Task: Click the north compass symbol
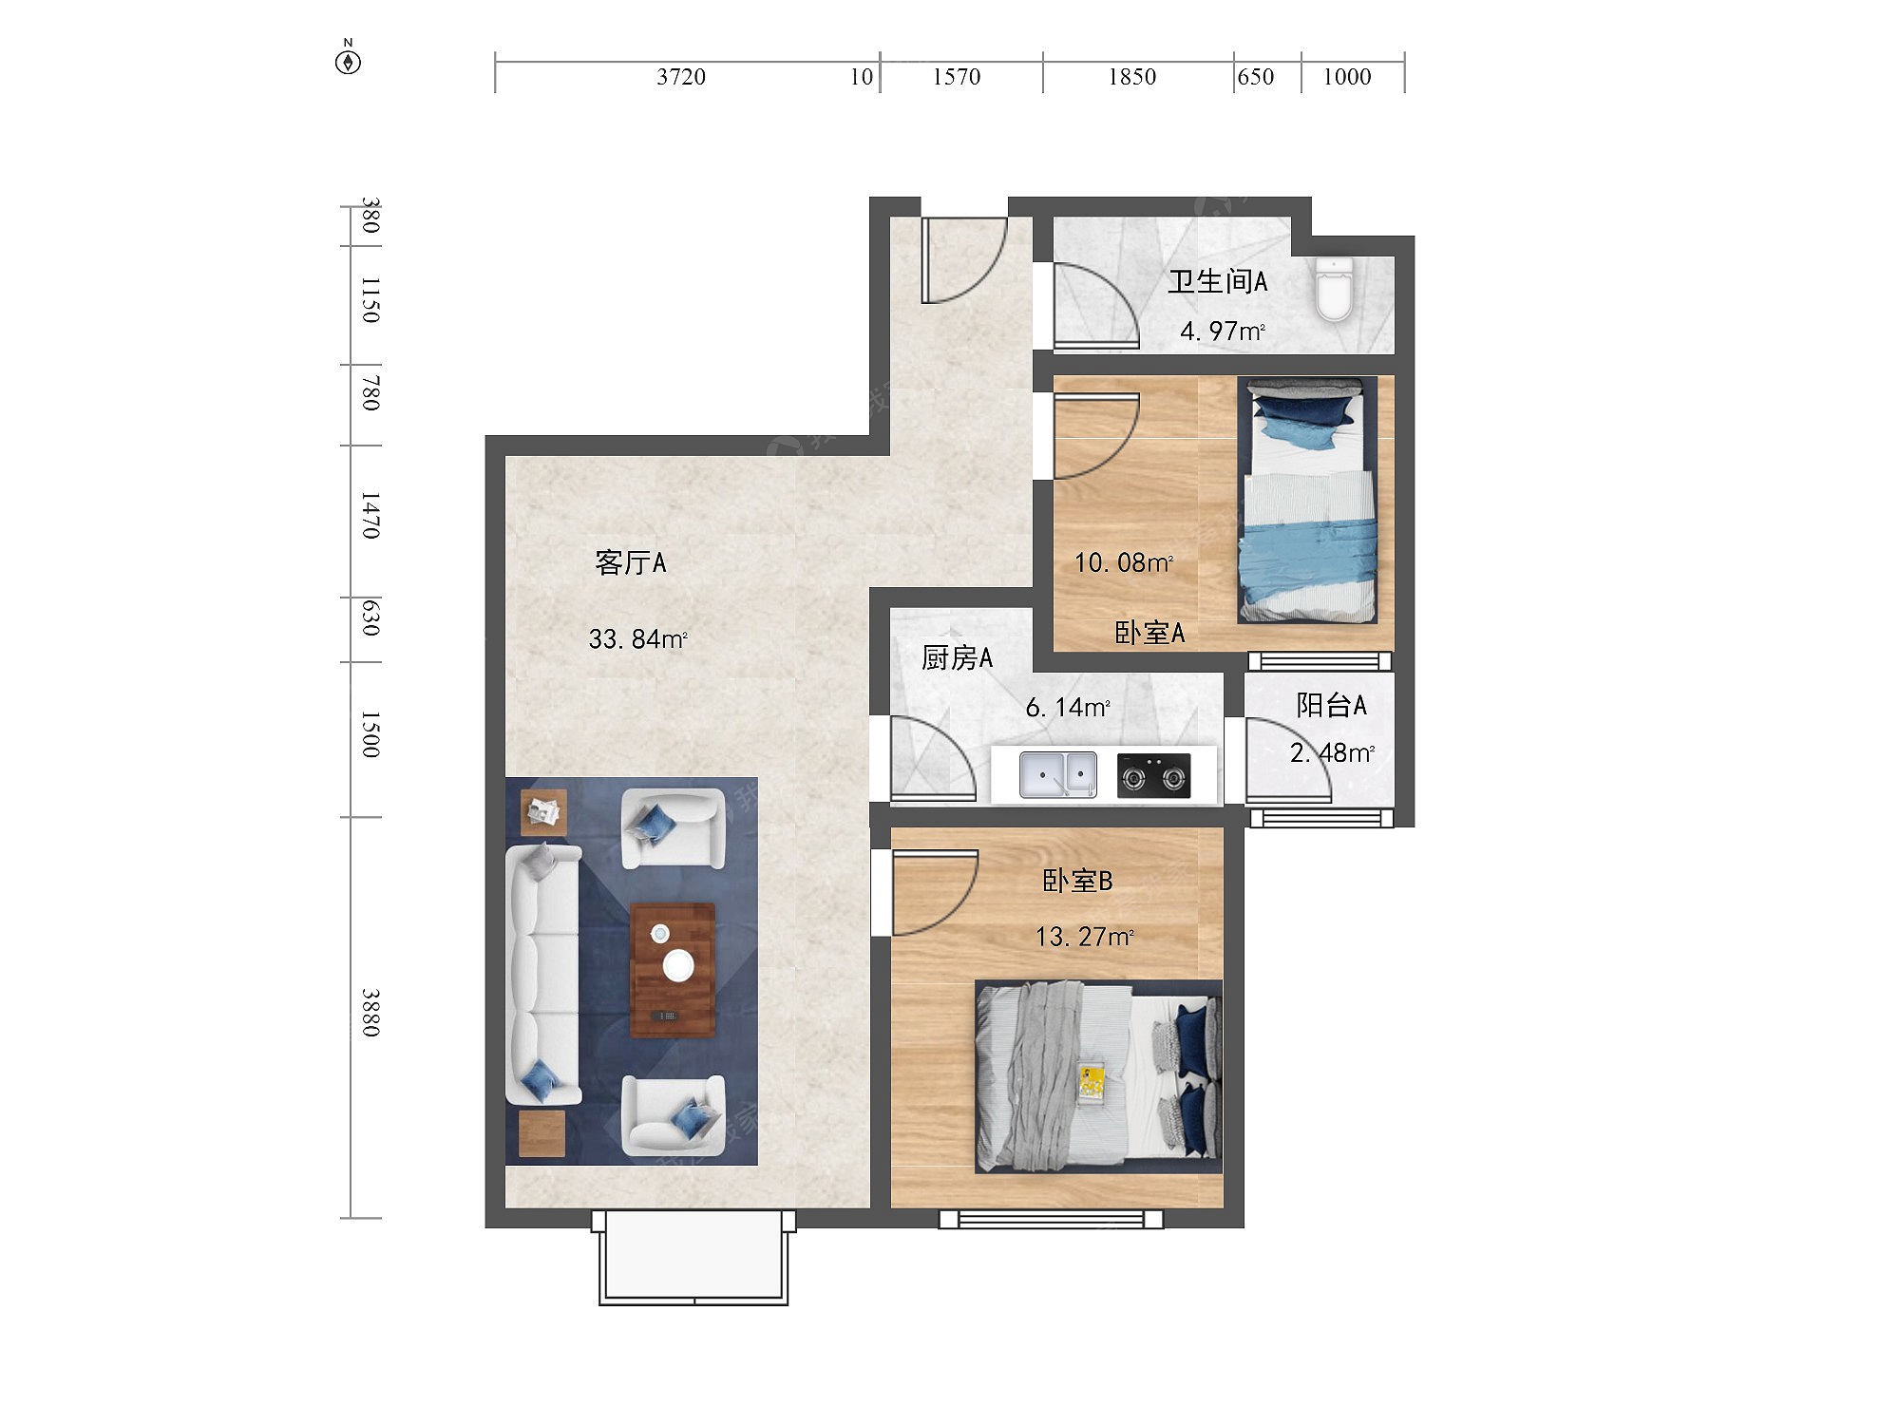(x=349, y=60)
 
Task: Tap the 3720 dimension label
(x=681, y=77)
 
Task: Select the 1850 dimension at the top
(x=1132, y=77)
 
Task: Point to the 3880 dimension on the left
(x=370, y=1013)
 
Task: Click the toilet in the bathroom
(x=1335, y=289)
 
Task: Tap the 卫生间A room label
(x=1218, y=281)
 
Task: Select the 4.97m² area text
(x=1223, y=331)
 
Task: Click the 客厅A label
(x=631, y=562)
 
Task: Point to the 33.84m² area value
(x=637, y=638)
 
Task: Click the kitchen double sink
(x=1058, y=774)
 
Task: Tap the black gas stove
(x=1153, y=775)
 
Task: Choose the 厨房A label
(x=957, y=657)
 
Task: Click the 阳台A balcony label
(x=1332, y=705)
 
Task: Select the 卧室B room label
(x=1077, y=881)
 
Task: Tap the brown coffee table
(x=673, y=970)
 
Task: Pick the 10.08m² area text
(x=1124, y=562)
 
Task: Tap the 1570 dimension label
(x=957, y=77)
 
